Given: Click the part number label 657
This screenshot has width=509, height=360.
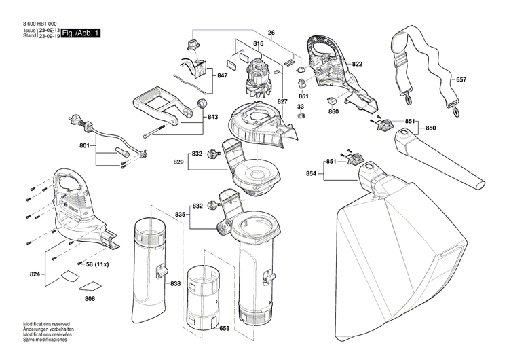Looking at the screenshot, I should (461, 79).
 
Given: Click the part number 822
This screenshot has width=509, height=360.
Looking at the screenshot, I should (357, 64).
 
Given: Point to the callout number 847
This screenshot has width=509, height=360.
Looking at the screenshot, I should (222, 76).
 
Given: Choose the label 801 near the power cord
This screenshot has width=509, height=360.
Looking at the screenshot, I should (84, 145).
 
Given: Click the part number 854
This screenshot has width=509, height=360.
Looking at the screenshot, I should (312, 174).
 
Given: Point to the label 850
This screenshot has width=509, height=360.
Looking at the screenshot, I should (431, 127).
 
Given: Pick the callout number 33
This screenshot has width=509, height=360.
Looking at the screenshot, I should (301, 106).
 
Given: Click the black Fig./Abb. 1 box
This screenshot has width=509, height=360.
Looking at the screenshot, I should (81, 33).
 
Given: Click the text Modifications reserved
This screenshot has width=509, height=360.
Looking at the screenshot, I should (47, 325).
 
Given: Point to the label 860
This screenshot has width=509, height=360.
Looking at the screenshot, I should (333, 111).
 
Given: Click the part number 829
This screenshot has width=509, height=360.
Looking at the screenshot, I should (179, 162).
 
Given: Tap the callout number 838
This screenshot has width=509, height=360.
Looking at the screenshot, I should (176, 283).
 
